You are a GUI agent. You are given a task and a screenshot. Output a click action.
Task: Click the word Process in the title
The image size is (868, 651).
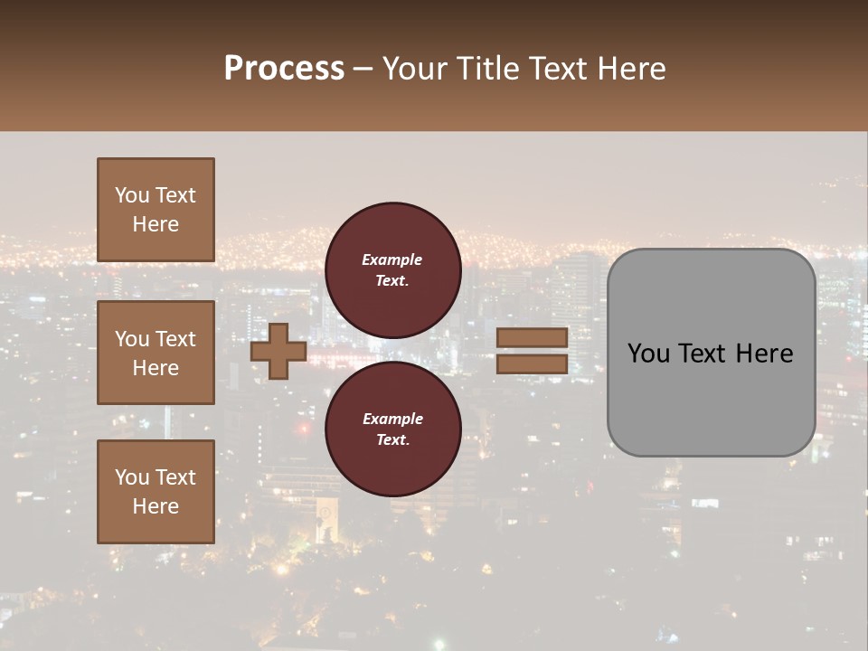pyautogui.click(x=284, y=69)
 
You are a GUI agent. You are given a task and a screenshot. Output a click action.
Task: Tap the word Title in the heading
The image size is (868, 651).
pyautogui.click(x=486, y=69)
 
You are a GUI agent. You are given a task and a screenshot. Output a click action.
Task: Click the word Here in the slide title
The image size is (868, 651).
pyautogui.click(x=630, y=69)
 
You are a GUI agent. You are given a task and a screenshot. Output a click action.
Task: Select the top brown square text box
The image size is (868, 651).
pyautogui.click(x=156, y=210)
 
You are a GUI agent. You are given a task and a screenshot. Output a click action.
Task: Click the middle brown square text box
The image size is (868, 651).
pyautogui.click(x=156, y=353)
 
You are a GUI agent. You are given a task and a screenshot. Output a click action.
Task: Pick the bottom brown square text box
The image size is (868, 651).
pyautogui.click(x=156, y=492)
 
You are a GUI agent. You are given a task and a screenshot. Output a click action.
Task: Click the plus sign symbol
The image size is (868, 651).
pyautogui.click(x=278, y=351)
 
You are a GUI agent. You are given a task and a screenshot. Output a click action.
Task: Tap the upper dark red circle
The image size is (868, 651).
pyautogui.click(x=392, y=269)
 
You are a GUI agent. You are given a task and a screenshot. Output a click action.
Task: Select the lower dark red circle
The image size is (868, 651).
pyautogui.click(x=392, y=429)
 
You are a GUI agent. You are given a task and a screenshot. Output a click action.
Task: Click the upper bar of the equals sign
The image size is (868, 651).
pyautogui.click(x=532, y=337)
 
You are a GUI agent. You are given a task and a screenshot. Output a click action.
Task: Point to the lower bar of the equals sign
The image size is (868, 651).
pyautogui.click(x=532, y=363)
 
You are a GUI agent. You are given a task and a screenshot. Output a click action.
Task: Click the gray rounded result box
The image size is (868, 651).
pyautogui.click(x=711, y=398)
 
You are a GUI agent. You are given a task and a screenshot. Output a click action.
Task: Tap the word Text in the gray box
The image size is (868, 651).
pyautogui.click(x=697, y=354)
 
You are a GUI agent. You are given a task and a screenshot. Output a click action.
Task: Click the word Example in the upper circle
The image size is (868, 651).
pyautogui.click(x=392, y=259)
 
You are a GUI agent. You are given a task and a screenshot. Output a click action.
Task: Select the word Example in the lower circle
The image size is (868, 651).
pyautogui.click(x=392, y=419)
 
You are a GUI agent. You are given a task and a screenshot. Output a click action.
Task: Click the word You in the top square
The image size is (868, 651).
pyautogui.click(x=132, y=195)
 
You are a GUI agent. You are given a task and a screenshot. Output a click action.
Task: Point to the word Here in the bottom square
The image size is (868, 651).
pyautogui.click(x=156, y=506)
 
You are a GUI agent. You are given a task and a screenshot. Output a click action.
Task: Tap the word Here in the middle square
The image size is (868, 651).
pyautogui.click(x=156, y=368)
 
